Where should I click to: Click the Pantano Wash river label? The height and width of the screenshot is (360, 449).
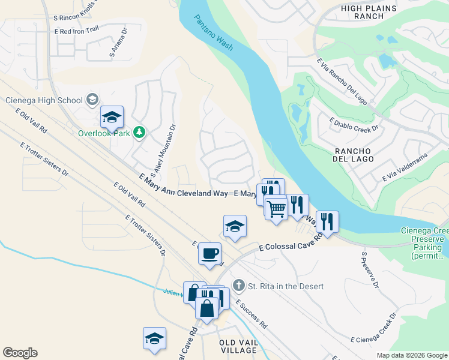(x=214, y=34)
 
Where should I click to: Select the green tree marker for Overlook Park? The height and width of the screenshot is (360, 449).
(x=139, y=132)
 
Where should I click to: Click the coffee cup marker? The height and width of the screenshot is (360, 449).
(x=210, y=253)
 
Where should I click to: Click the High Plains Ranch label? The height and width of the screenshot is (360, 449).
(x=369, y=12)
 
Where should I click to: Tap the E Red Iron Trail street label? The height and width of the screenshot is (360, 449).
(x=76, y=31)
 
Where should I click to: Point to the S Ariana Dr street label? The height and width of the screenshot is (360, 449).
(x=119, y=43)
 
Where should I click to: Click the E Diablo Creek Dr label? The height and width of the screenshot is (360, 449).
(x=354, y=124)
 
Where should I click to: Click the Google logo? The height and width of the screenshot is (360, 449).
(x=20, y=353)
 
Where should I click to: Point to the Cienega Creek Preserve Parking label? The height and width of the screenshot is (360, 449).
(x=424, y=243)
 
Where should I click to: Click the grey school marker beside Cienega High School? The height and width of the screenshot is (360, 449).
(x=92, y=100)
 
